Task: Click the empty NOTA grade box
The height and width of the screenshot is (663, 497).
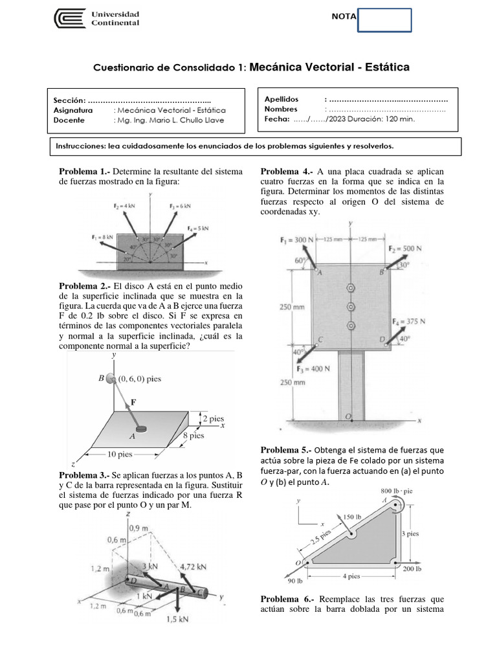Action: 384,20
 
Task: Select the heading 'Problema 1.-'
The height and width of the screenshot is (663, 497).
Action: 84,171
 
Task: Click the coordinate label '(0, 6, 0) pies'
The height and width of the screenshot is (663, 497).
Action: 138,379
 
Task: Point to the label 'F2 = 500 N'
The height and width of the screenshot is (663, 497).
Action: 405,248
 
